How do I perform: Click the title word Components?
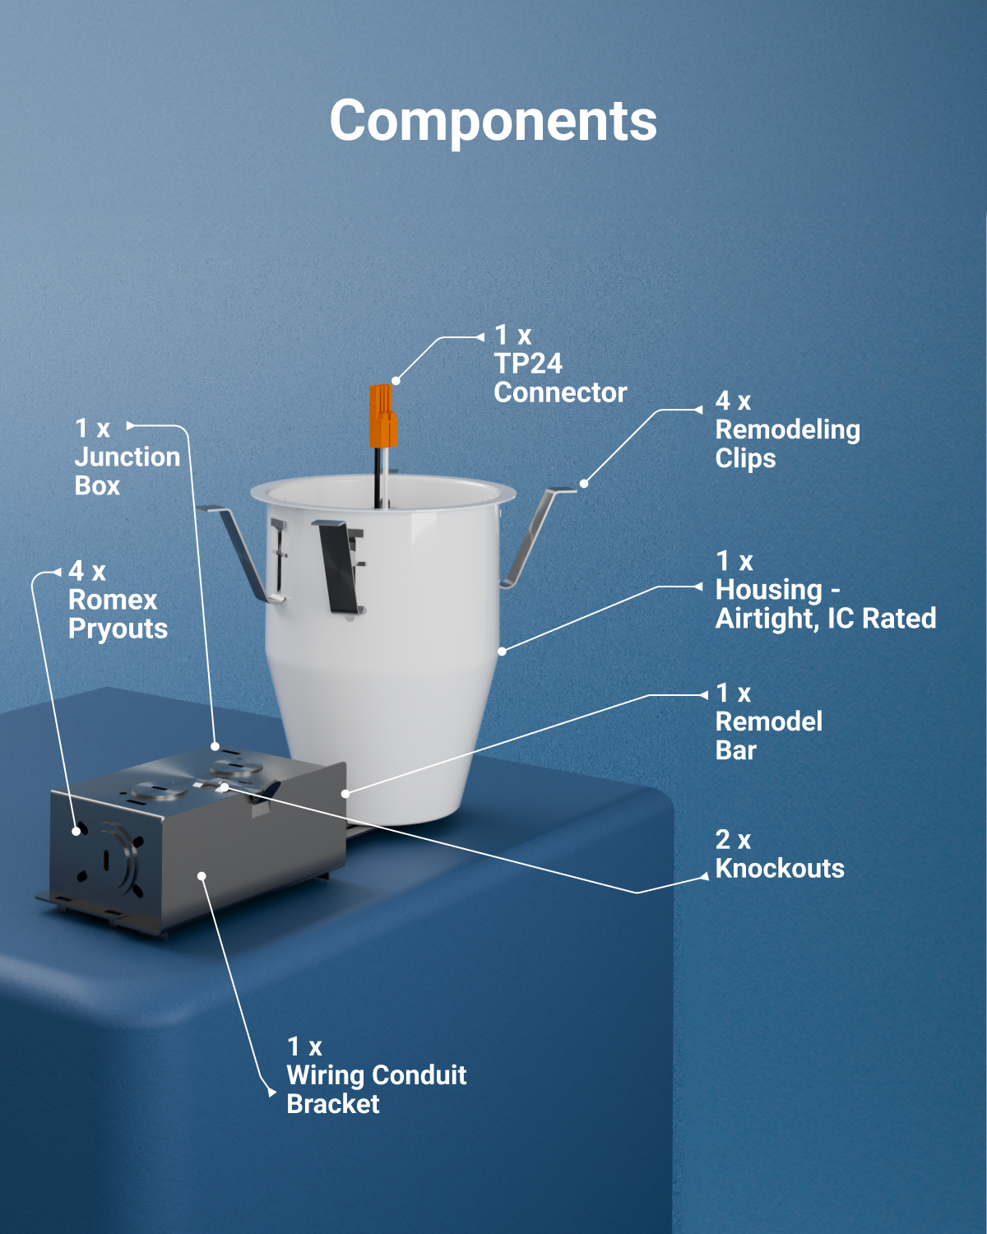(493, 122)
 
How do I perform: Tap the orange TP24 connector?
(382, 415)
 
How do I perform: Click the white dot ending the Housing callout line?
(502, 652)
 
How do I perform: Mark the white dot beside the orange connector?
(396, 381)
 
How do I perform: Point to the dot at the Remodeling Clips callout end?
(584, 484)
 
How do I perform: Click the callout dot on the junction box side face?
(202, 876)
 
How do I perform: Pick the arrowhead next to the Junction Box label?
(130, 425)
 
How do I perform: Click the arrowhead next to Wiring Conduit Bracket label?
(272, 1093)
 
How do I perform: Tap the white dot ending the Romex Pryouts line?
(76, 832)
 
